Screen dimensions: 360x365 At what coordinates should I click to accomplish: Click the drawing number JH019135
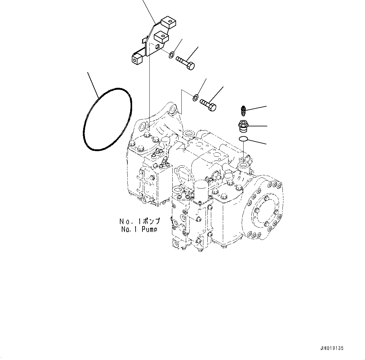click(332, 348)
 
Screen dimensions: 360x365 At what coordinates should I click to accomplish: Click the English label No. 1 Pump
click(139, 230)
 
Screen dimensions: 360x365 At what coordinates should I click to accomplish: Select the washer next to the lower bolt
click(195, 98)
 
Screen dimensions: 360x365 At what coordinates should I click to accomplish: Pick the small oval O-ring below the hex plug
click(244, 139)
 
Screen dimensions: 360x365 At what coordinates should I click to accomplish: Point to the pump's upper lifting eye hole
click(173, 109)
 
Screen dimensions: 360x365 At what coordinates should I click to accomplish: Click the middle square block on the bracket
click(161, 37)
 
